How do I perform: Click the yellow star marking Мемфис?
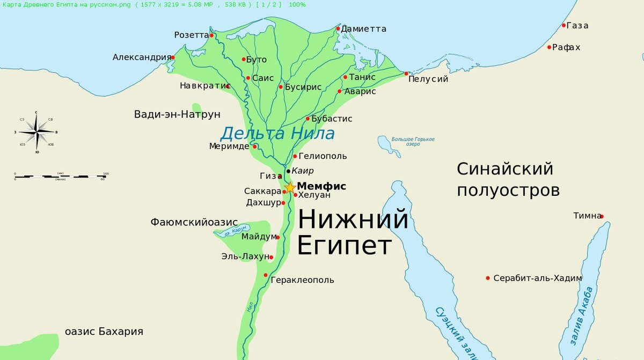[290, 187]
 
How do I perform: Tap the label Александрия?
[142, 57]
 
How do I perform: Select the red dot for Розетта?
[212, 35]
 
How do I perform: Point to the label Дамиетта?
[364, 28]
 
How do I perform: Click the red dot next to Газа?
[563, 25]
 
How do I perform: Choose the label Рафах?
[567, 47]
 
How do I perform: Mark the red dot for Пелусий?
[406, 74]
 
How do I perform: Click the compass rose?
[36, 131]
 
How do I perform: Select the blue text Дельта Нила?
[277, 133]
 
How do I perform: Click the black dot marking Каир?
[288, 171]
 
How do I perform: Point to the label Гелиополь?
[323, 156]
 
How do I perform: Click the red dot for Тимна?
[602, 216]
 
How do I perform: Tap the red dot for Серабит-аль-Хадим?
[488, 278]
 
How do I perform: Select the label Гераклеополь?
[302, 280]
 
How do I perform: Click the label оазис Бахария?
[104, 331]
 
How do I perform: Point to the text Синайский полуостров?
[508, 179]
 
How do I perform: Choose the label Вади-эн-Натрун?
[177, 114]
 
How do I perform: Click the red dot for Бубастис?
[308, 119]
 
